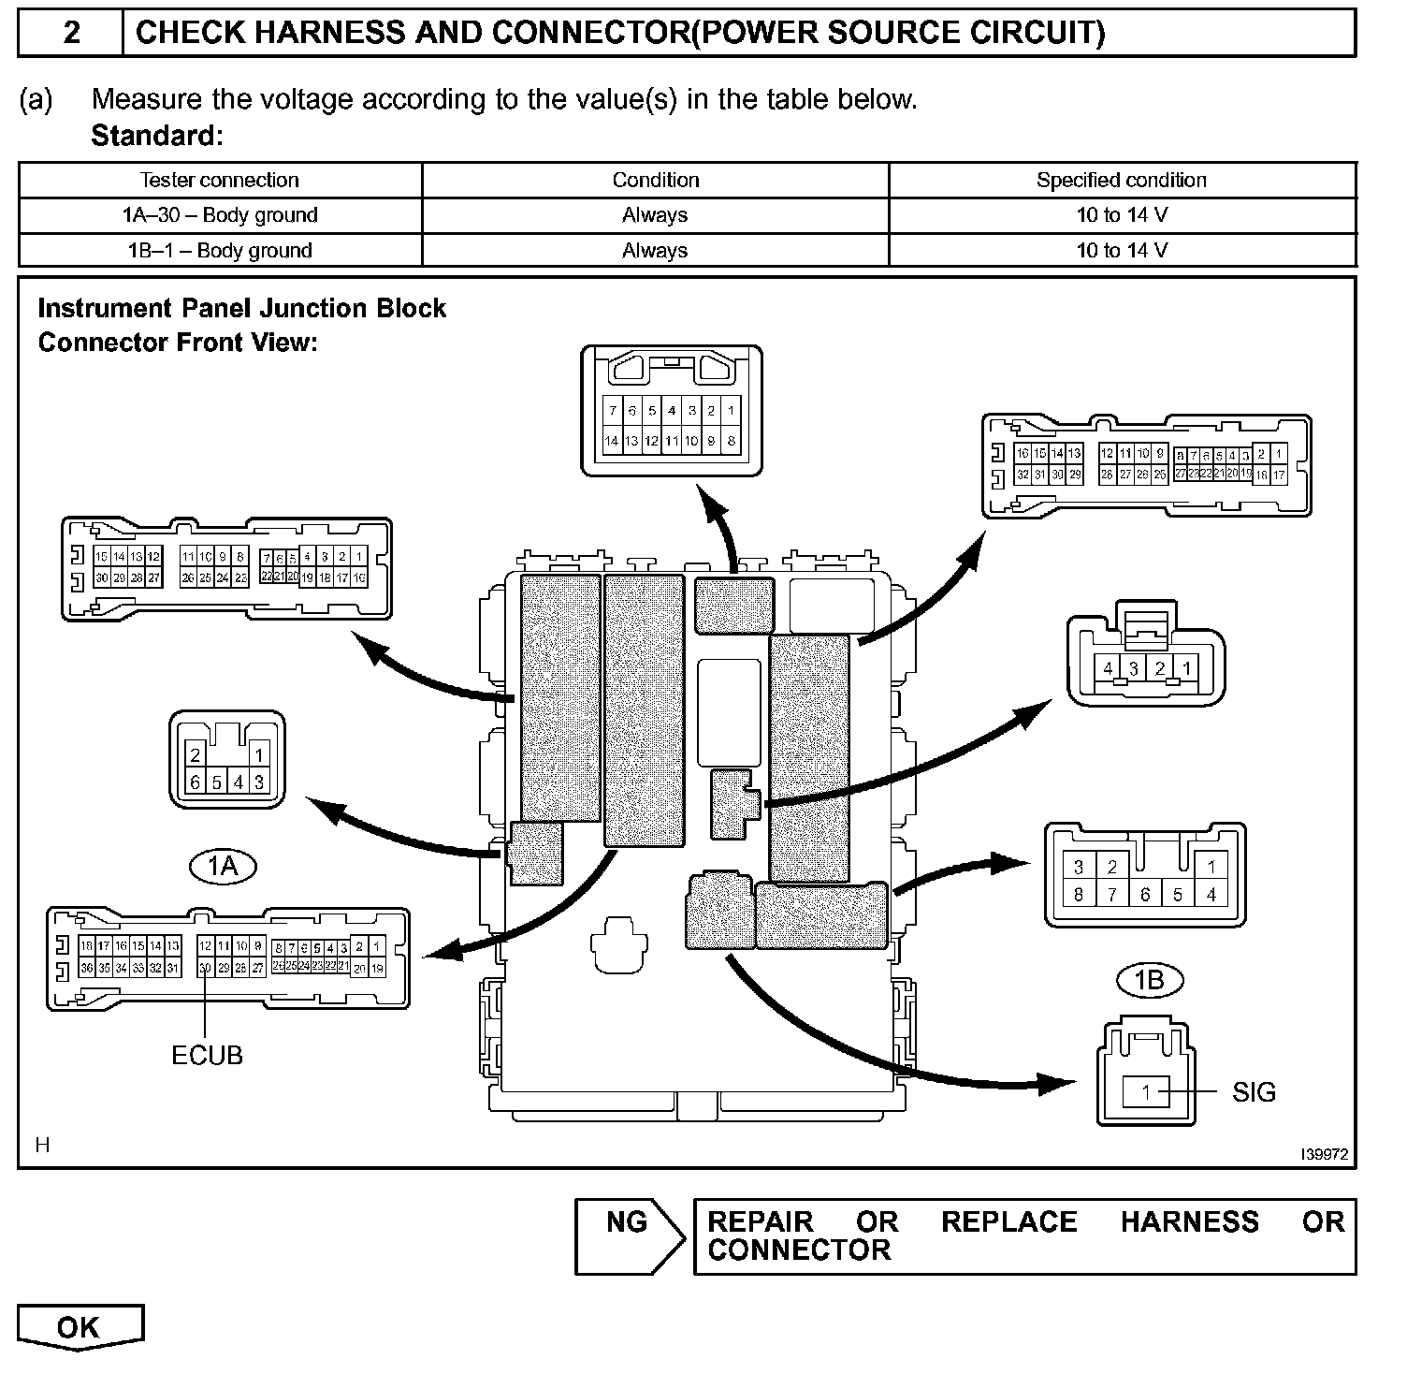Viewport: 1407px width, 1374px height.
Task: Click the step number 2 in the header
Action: (x=71, y=34)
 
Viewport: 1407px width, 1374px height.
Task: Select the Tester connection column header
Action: (x=219, y=180)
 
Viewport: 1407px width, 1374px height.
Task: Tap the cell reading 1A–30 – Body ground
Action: (x=220, y=215)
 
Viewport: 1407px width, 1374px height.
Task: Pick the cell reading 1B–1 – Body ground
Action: (x=220, y=251)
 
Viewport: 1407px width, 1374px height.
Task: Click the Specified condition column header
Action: (x=1121, y=180)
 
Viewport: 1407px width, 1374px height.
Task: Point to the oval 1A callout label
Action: (x=223, y=867)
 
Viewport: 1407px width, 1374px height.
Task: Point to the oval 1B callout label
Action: (x=1150, y=980)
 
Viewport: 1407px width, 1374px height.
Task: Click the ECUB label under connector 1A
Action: (x=207, y=1056)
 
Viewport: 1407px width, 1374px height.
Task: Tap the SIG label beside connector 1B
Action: (x=1254, y=1092)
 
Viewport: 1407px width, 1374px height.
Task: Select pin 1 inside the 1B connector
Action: (x=1146, y=1091)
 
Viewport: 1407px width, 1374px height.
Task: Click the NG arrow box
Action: (x=630, y=1235)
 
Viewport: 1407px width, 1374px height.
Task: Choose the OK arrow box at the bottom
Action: (x=80, y=1328)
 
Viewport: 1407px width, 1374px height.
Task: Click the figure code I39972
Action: (x=1324, y=1155)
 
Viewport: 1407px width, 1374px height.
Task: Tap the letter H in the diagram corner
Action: (x=42, y=1145)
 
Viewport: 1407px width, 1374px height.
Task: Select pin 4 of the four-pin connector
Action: (x=1108, y=668)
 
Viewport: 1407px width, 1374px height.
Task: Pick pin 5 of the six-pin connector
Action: (x=216, y=782)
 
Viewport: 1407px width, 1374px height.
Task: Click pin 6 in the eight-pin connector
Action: (x=1144, y=895)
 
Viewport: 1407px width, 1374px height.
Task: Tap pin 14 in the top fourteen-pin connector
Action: (x=611, y=441)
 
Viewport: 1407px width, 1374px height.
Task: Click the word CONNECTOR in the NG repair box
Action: (x=799, y=1250)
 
